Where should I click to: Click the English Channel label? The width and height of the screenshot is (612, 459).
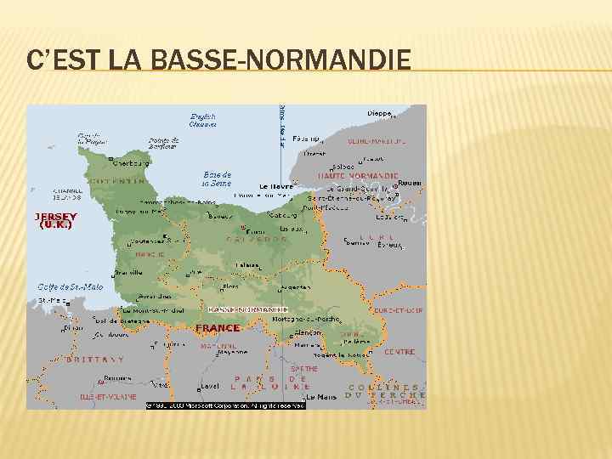tap(203, 120)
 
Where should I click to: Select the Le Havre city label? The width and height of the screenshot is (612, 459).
tap(275, 185)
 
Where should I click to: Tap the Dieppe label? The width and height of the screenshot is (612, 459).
tap(379, 113)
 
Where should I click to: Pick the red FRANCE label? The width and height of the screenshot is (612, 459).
tap(218, 327)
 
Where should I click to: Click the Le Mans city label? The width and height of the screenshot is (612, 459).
tap(321, 396)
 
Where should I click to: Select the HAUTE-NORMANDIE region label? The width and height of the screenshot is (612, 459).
tap(353, 175)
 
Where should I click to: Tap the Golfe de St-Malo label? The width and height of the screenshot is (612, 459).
tap(71, 286)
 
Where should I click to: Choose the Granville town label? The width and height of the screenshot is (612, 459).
tap(129, 272)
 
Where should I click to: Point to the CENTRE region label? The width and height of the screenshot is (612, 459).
tap(399, 351)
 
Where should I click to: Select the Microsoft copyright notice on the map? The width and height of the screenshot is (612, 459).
tap(225, 405)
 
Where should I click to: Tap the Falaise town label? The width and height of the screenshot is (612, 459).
tap(248, 265)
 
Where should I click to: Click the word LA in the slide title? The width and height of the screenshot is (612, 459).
tap(126, 59)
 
